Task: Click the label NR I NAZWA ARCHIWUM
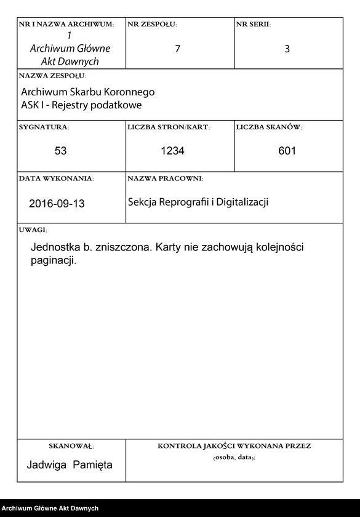66,24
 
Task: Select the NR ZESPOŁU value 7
178,49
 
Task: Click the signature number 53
60,151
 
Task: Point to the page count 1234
172,151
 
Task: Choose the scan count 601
287,151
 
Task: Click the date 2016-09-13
57,204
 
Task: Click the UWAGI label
33,230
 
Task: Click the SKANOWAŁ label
71,446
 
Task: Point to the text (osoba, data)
234,459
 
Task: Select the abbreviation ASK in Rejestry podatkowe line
30,105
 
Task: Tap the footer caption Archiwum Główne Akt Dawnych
50,508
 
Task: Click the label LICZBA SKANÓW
269,127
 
